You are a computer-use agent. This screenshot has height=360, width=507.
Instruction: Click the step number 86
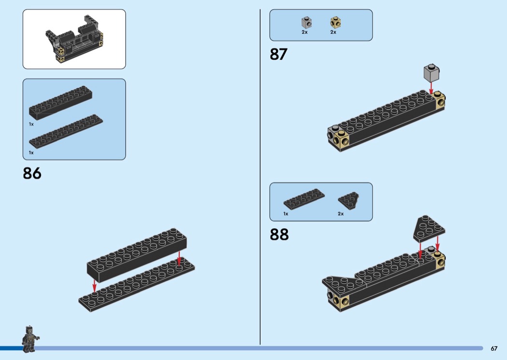click(x=32, y=173)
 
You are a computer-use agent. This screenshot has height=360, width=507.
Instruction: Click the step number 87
click(x=279, y=55)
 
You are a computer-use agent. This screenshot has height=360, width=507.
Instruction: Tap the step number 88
click(x=279, y=235)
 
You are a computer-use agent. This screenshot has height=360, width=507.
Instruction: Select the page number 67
click(x=494, y=348)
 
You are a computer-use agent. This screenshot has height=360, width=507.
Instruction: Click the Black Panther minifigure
click(x=30, y=339)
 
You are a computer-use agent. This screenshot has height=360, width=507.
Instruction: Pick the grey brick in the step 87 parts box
click(x=307, y=23)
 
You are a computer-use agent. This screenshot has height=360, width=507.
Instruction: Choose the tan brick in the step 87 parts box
click(x=336, y=23)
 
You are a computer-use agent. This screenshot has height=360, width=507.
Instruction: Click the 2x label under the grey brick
click(x=305, y=32)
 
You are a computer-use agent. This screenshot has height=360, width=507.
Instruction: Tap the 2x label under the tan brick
click(x=333, y=32)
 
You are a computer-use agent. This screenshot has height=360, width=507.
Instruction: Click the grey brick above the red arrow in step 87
click(x=432, y=73)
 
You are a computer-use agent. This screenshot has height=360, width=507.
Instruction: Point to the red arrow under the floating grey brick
click(x=431, y=88)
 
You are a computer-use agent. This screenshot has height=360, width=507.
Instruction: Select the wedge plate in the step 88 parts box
click(x=349, y=200)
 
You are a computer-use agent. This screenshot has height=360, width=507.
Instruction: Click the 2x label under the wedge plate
click(x=341, y=214)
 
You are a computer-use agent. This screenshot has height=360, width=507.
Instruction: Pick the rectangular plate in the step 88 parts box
click(x=304, y=199)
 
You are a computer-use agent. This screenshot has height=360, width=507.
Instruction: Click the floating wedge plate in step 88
click(x=429, y=229)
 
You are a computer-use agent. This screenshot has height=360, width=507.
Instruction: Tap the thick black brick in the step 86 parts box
click(x=61, y=103)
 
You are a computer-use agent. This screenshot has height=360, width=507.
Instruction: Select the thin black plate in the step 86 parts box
click(x=66, y=131)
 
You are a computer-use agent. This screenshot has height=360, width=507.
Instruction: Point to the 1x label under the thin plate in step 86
click(x=31, y=152)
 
